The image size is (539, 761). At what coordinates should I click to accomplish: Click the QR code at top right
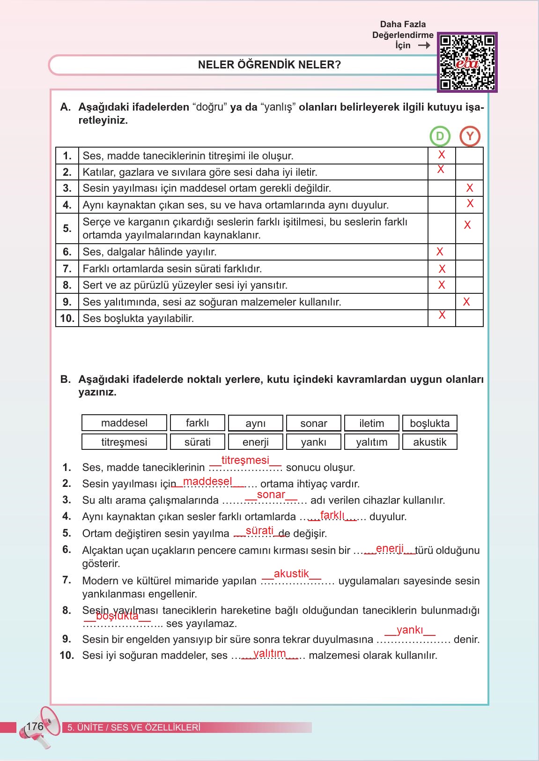point(467,62)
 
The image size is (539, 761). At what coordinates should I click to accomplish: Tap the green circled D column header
point(440,136)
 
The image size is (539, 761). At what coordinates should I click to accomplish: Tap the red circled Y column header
point(470,136)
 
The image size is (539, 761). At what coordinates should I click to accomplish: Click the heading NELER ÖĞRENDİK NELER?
point(269,65)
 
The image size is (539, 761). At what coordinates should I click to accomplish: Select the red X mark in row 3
point(470,188)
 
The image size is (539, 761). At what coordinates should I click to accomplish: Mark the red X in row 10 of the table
point(442,315)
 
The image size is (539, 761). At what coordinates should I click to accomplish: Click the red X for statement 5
point(467,225)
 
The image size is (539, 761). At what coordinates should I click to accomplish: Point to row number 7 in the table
point(67,269)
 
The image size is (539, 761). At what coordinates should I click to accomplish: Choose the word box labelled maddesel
point(124,423)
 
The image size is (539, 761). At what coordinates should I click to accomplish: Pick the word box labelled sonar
point(314,423)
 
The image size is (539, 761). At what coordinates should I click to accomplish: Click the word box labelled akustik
point(429,442)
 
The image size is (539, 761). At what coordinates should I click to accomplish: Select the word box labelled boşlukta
point(429,423)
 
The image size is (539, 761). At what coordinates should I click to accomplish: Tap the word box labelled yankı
point(314,442)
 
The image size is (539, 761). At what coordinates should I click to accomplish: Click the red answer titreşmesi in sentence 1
point(245,460)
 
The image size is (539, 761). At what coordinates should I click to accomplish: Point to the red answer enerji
point(390,548)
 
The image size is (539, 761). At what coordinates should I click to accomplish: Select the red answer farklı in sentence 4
point(332,515)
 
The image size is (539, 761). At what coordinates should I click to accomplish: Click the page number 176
point(35,726)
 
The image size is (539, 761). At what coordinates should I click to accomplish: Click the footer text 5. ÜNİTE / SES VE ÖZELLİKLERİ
point(134,728)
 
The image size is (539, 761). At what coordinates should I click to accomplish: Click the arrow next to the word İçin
point(424,45)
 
